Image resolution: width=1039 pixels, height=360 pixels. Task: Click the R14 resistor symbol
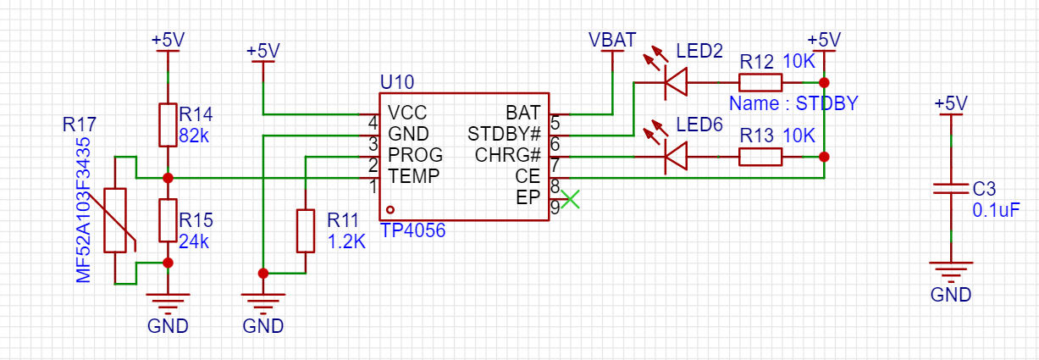click(x=168, y=125)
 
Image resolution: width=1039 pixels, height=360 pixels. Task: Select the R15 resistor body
click(x=168, y=221)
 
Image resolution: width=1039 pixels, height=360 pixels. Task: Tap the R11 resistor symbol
click(x=305, y=230)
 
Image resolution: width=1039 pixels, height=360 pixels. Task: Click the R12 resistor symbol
click(x=760, y=82)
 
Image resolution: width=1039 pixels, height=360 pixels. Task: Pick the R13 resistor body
click(x=760, y=157)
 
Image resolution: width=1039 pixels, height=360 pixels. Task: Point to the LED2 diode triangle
click(x=676, y=82)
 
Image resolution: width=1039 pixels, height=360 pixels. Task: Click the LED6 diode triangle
click(x=676, y=157)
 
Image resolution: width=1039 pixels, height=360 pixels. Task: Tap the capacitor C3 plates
click(x=950, y=188)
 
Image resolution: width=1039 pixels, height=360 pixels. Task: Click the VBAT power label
click(x=611, y=40)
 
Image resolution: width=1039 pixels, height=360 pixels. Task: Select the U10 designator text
click(x=397, y=82)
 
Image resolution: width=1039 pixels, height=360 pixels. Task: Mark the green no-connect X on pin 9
click(x=572, y=200)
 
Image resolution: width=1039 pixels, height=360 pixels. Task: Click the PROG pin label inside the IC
click(x=415, y=156)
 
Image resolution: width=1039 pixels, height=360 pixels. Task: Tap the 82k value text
click(x=195, y=135)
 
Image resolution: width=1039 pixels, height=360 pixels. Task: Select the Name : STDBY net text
click(x=793, y=104)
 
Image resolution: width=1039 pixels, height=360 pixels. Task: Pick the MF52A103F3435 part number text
click(x=83, y=208)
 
